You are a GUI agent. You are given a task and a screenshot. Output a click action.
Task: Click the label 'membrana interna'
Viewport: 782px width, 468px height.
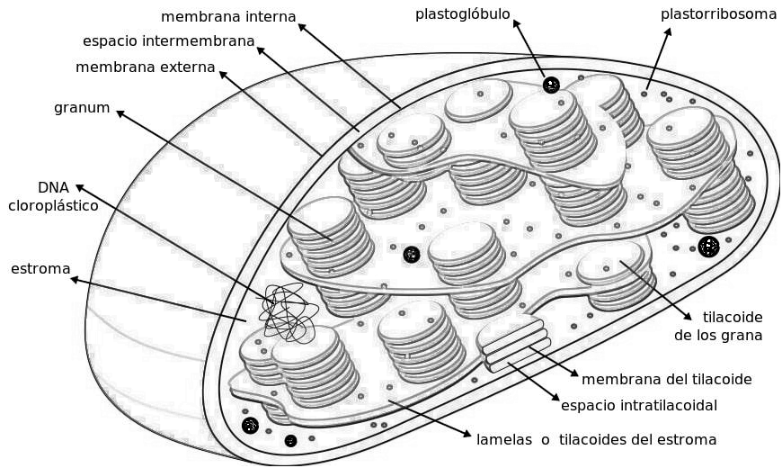click(228, 16)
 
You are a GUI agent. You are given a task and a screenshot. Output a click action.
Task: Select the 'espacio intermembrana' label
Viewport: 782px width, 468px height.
click(168, 41)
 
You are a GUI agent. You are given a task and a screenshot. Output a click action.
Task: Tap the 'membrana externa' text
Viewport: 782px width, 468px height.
click(145, 67)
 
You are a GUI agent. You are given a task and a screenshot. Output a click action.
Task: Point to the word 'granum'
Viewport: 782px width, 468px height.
click(82, 108)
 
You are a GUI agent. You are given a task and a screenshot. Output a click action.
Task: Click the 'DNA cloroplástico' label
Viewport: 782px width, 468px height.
click(53, 196)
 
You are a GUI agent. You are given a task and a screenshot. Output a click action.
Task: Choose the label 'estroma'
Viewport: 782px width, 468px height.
click(40, 268)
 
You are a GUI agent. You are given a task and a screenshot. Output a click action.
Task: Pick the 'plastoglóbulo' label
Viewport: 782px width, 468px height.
click(462, 13)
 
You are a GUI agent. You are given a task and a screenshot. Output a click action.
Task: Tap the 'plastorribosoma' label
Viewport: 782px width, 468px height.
click(718, 13)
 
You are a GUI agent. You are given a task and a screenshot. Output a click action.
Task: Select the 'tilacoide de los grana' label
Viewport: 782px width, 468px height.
click(719, 327)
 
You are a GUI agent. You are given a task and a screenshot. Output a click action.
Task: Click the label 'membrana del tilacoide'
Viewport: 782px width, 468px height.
click(666, 379)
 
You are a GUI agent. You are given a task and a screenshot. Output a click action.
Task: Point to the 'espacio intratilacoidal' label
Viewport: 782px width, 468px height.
click(638, 405)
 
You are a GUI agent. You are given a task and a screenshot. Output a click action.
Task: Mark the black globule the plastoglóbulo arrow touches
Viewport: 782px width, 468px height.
click(551, 85)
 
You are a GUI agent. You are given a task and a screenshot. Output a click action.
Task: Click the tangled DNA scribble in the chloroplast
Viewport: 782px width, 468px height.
click(286, 312)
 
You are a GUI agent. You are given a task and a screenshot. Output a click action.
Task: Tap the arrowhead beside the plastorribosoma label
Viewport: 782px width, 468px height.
click(670, 31)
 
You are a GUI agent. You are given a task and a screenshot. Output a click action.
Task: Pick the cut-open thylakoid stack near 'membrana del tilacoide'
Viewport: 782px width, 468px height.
click(514, 343)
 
